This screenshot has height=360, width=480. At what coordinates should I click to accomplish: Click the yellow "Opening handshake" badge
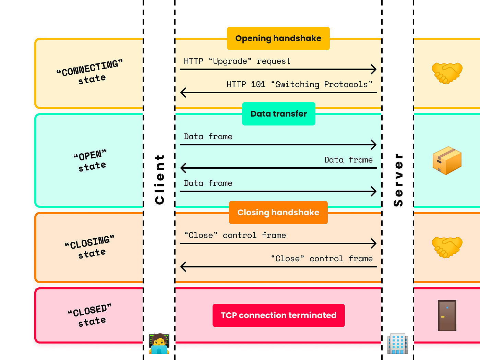[x=278, y=38]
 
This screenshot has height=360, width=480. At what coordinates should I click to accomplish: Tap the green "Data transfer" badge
[x=278, y=114]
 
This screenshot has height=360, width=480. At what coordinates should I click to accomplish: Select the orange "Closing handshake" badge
[x=278, y=213]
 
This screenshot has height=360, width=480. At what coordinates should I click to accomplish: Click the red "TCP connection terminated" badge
[x=278, y=315]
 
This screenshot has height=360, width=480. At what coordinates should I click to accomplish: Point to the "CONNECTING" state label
[x=90, y=72]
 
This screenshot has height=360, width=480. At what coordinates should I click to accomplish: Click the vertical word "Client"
[x=160, y=179]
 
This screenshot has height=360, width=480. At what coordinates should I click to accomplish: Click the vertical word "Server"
[x=398, y=180]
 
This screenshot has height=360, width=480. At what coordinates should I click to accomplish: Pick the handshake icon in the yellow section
[x=447, y=73]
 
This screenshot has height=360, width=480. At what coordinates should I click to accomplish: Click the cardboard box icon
[x=447, y=160]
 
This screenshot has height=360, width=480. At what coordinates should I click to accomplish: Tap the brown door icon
[x=447, y=315]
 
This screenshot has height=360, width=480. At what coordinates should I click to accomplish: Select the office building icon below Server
[x=397, y=343]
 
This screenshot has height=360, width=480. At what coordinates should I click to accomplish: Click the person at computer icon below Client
[x=159, y=343]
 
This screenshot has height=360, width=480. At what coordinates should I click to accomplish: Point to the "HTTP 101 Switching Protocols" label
[x=299, y=84]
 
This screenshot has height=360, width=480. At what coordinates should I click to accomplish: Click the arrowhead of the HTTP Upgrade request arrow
[x=374, y=69]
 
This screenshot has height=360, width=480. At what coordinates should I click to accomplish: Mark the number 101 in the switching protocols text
[x=258, y=84]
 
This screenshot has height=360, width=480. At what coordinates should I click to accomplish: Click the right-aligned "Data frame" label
[x=348, y=160]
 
